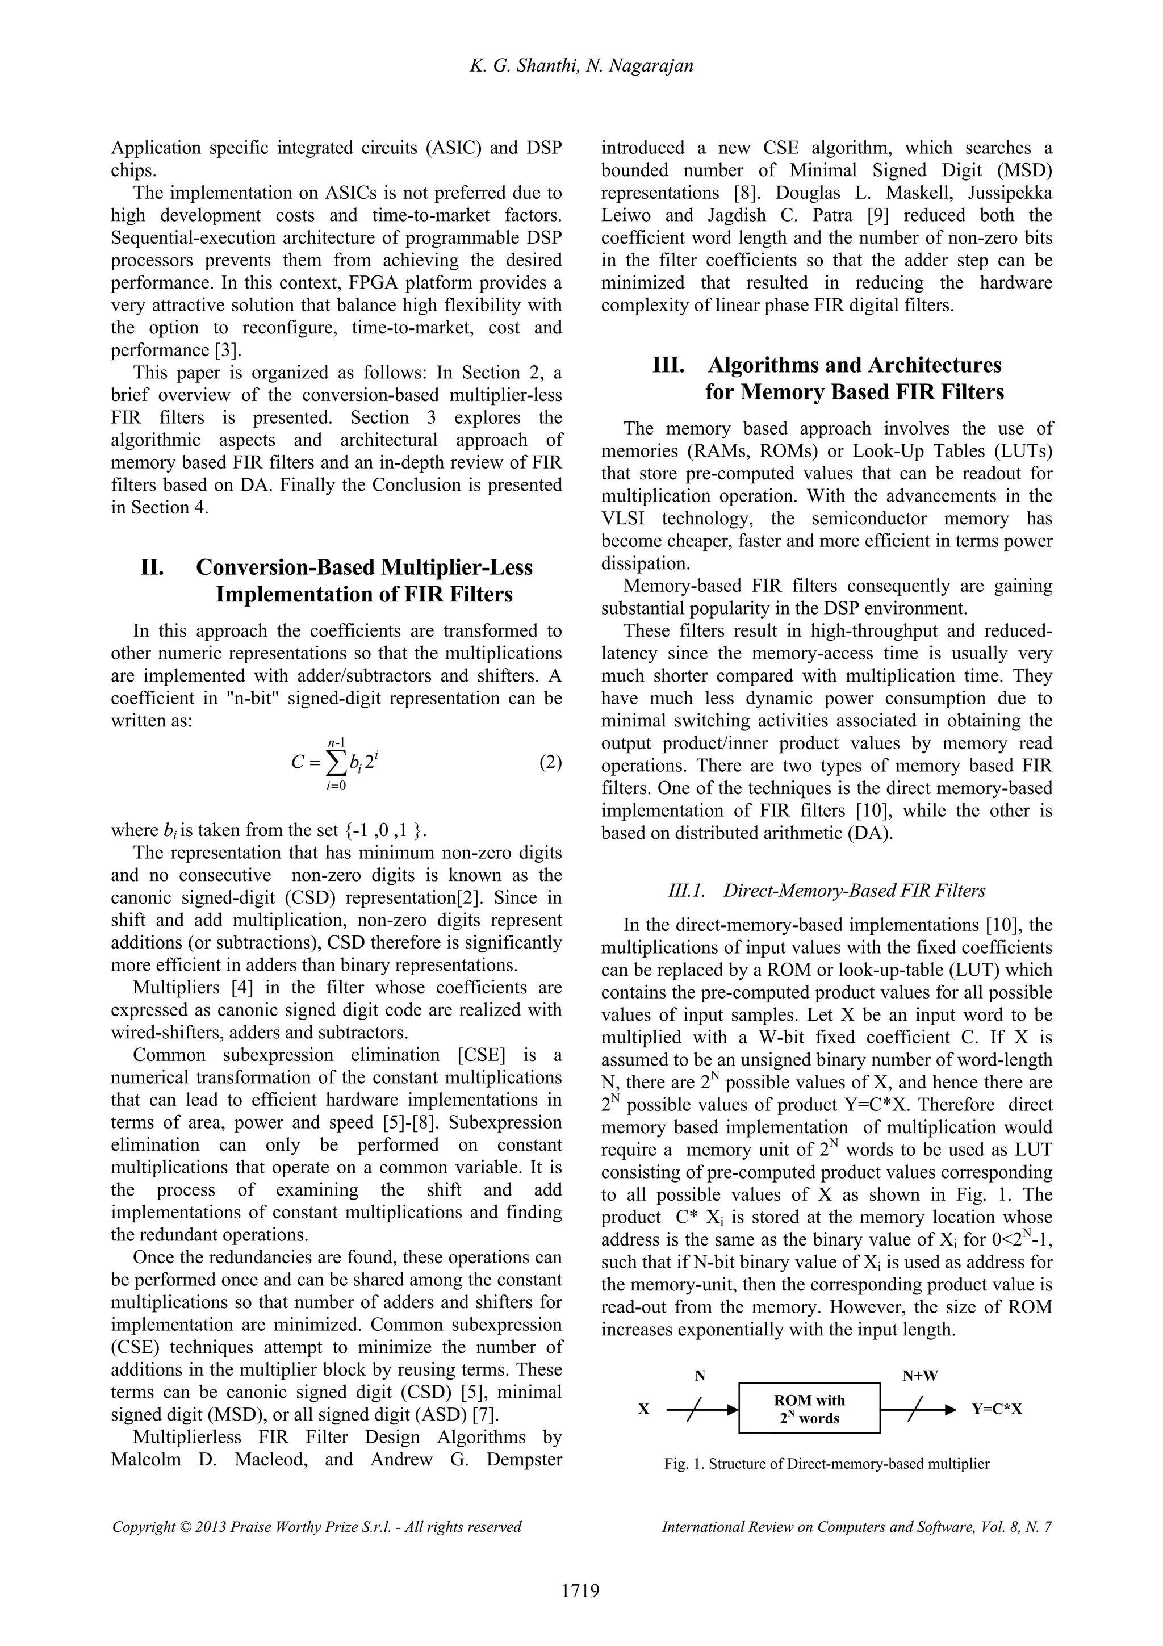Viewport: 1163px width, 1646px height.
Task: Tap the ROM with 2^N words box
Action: [x=809, y=1408]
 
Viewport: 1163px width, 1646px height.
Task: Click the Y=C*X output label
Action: [x=997, y=1409]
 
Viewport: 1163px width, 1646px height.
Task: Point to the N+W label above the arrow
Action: [x=921, y=1375]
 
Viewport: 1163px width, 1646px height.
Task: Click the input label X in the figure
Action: [x=643, y=1409]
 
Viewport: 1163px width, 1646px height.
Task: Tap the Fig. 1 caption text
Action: [x=827, y=1464]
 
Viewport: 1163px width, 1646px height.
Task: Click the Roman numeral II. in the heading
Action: [x=153, y=567]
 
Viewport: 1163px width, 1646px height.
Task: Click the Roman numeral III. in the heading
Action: [x=668, y=365]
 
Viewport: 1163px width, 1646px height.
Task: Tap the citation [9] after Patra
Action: [x=879, y=215]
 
